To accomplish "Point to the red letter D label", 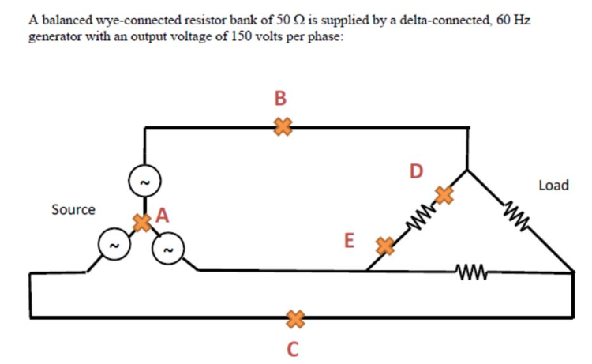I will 416,170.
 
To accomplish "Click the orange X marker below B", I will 282,126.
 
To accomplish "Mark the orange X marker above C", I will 294,318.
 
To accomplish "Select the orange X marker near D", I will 445,194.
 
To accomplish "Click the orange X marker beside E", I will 384,246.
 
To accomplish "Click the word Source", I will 73,210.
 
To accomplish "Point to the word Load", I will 553,186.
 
